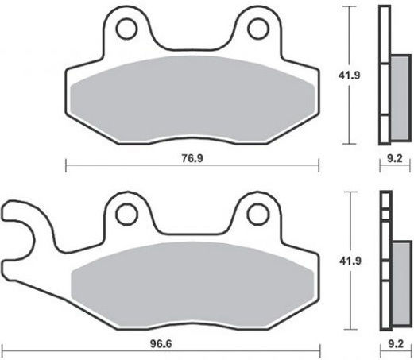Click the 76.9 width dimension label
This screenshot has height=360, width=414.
(192, 158)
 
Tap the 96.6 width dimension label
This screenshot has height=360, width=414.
(161, 344)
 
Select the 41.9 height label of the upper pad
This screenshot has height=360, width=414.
(350, 75)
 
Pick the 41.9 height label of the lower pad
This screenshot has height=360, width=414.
(350, 261)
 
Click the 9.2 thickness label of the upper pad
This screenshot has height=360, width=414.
(395, 158)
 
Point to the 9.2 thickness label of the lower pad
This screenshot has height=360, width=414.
(396, 344)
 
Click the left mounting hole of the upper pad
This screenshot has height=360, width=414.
(126, 29)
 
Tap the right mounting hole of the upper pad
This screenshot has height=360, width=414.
(258, 29)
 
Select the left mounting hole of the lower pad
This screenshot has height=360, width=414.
(127, 215)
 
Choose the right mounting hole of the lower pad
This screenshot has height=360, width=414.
(258, 215)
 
